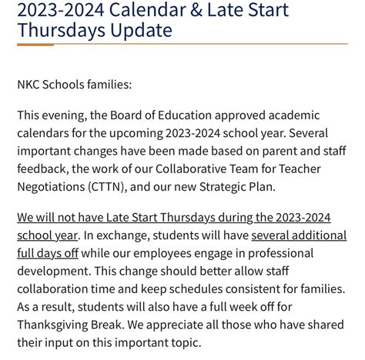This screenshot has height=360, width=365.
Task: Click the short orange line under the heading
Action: (47, 45)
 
